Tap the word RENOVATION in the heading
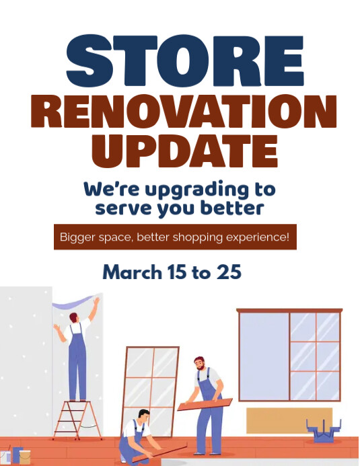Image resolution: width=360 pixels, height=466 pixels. point(183,112)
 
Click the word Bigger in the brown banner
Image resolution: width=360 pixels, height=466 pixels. point(78,237)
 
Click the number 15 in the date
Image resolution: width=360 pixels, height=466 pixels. point(177,273)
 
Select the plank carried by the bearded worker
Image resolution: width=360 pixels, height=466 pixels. point(205,405)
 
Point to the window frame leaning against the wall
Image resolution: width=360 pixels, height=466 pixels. point(151,380)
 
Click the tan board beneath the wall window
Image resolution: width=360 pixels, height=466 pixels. point(289,420)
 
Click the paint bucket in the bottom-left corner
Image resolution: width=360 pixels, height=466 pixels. point(25,457)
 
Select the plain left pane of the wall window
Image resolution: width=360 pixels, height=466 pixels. point(264,355)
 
